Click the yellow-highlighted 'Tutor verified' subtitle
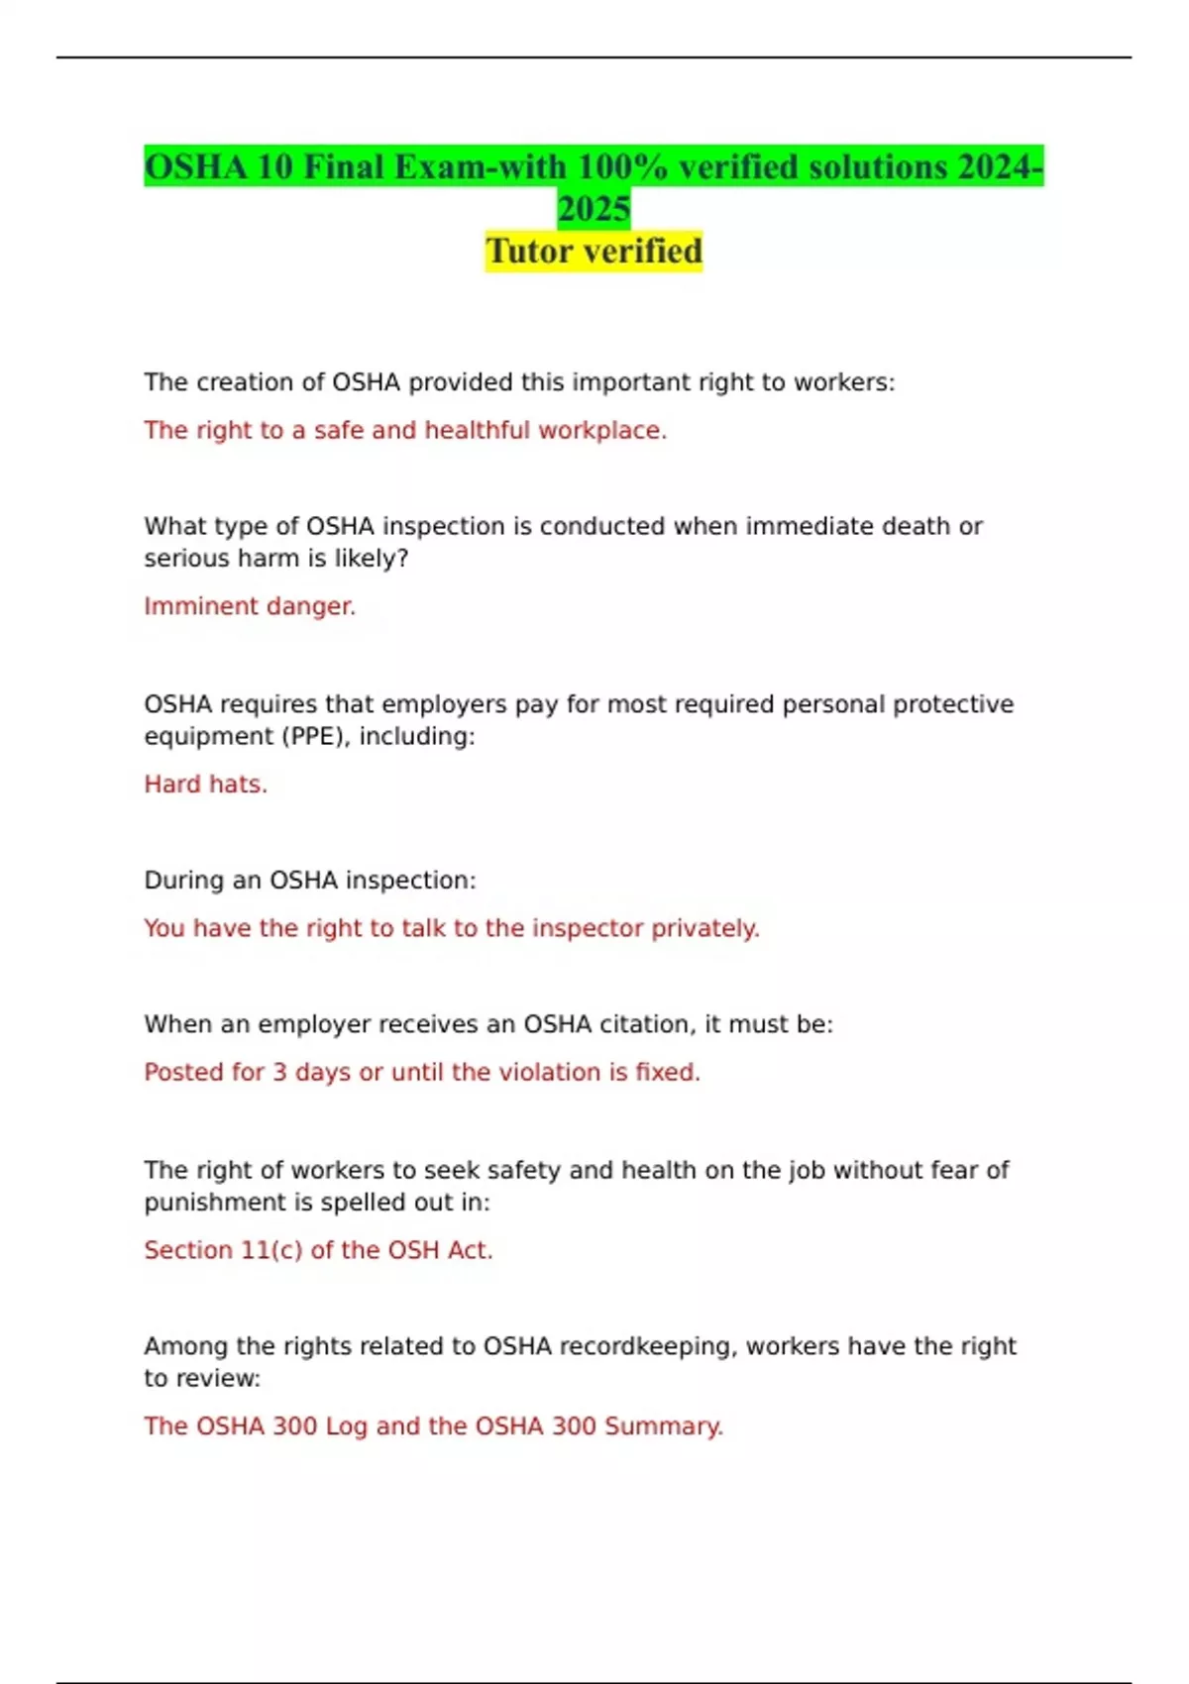pos(594,251)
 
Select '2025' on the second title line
pos(594,208)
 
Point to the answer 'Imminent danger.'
pos(250,605)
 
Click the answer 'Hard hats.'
pos(206,784)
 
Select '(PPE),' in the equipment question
pos(315,736)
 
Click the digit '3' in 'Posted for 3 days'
pos(280,1072)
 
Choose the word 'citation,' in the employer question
pos(646,1023)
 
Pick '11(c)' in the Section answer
pos(271,1250)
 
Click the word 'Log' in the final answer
pos(346,1425)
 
